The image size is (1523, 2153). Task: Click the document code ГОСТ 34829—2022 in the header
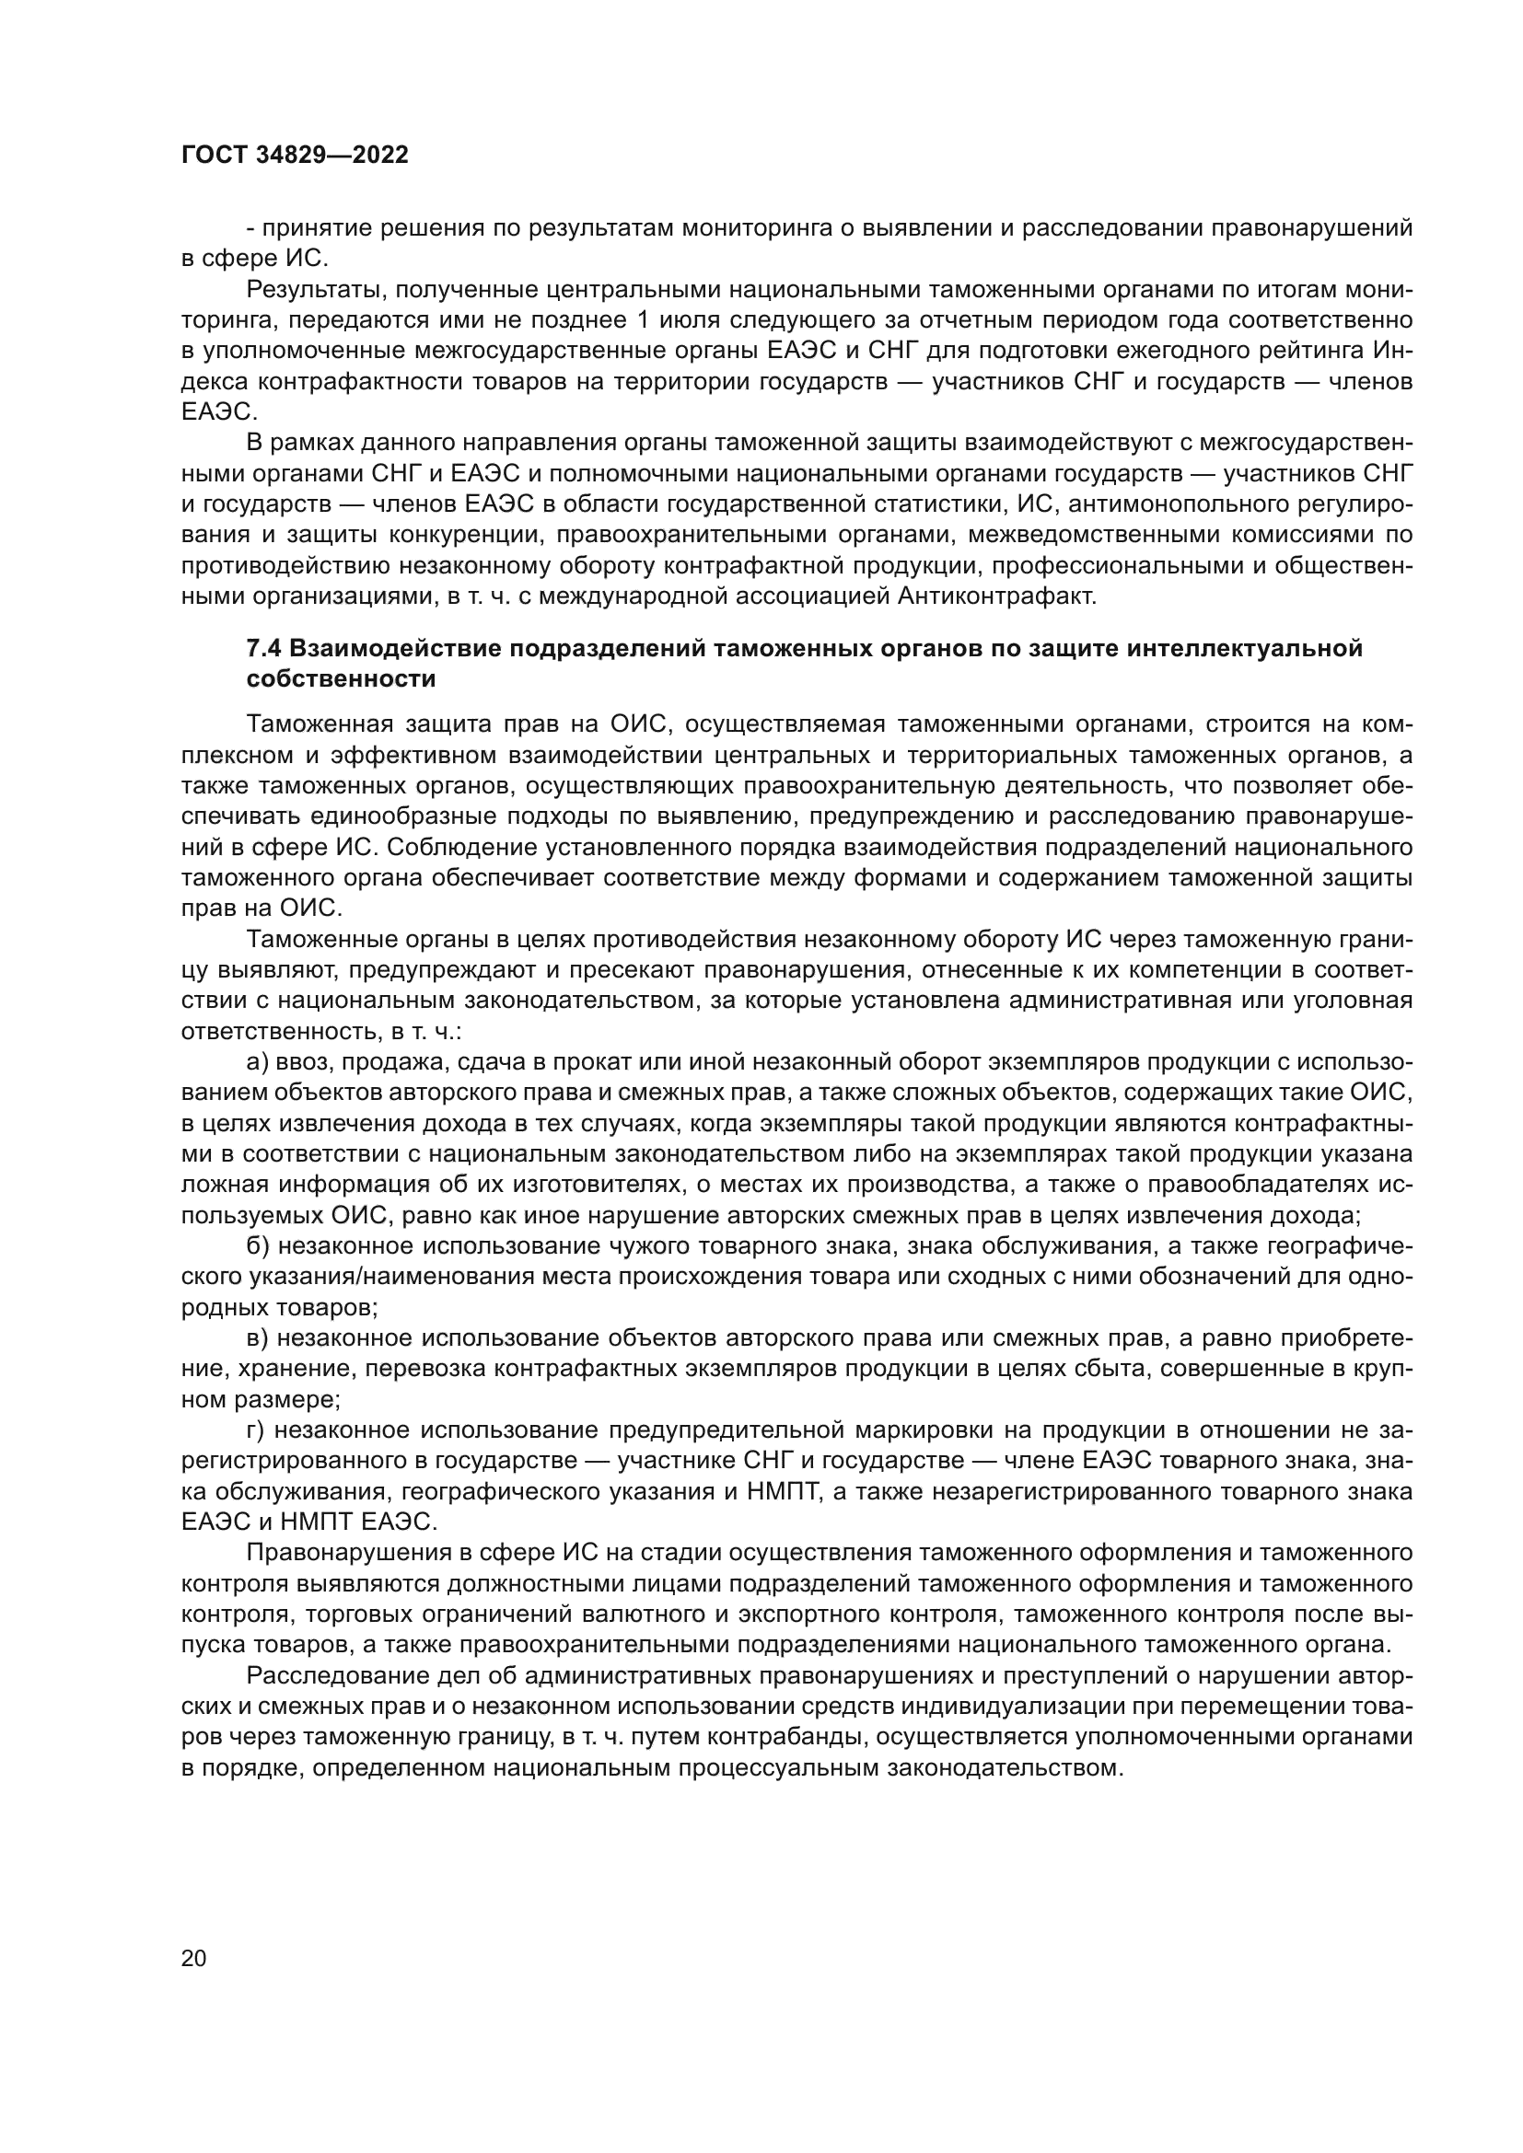pos(295,156)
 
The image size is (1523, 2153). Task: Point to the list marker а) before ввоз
pos(258,1061)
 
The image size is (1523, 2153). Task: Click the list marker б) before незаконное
pos(258,1246)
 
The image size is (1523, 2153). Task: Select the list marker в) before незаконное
pos(258,1338)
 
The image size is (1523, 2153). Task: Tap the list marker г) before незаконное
pos(256,1430)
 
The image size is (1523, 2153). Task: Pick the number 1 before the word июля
pos(643,320)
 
